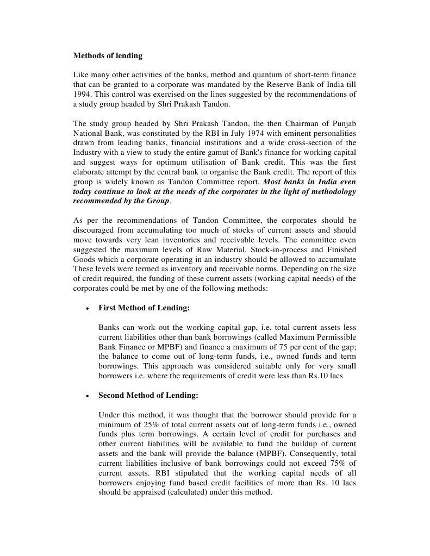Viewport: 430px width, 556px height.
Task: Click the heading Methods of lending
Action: tap(108, 55)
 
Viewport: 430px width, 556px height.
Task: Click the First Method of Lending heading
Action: tap(144, 308)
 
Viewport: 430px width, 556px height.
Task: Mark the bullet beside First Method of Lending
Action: tap(87, 308)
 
